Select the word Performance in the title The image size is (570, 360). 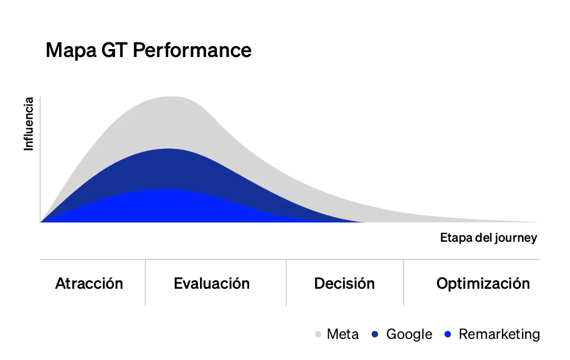click(x=192, y=50)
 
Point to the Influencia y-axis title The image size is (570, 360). click(x=29, y=124)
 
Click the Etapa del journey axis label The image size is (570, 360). click(x=488, y=238)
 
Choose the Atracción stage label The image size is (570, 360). click(x=89, y=283)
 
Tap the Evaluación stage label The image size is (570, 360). click(x=212, y=283)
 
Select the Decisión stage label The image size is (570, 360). click(x=344, y=283)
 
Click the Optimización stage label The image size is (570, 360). click(x=483, y=283)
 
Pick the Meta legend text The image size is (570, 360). click(x=343, y=334)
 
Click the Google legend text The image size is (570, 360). click(x=409, y=334)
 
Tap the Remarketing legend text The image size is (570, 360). click(x=499, y=334)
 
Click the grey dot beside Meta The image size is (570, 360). click(x=318, y=334)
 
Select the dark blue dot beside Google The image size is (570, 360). click(x=375, y=334)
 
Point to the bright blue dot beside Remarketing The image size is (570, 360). click(x=448, y=334)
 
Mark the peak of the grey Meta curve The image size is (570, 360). click(x=170, y=97)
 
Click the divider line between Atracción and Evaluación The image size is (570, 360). click(x=145, y=282)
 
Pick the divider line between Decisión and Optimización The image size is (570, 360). click(x=404, y=282)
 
